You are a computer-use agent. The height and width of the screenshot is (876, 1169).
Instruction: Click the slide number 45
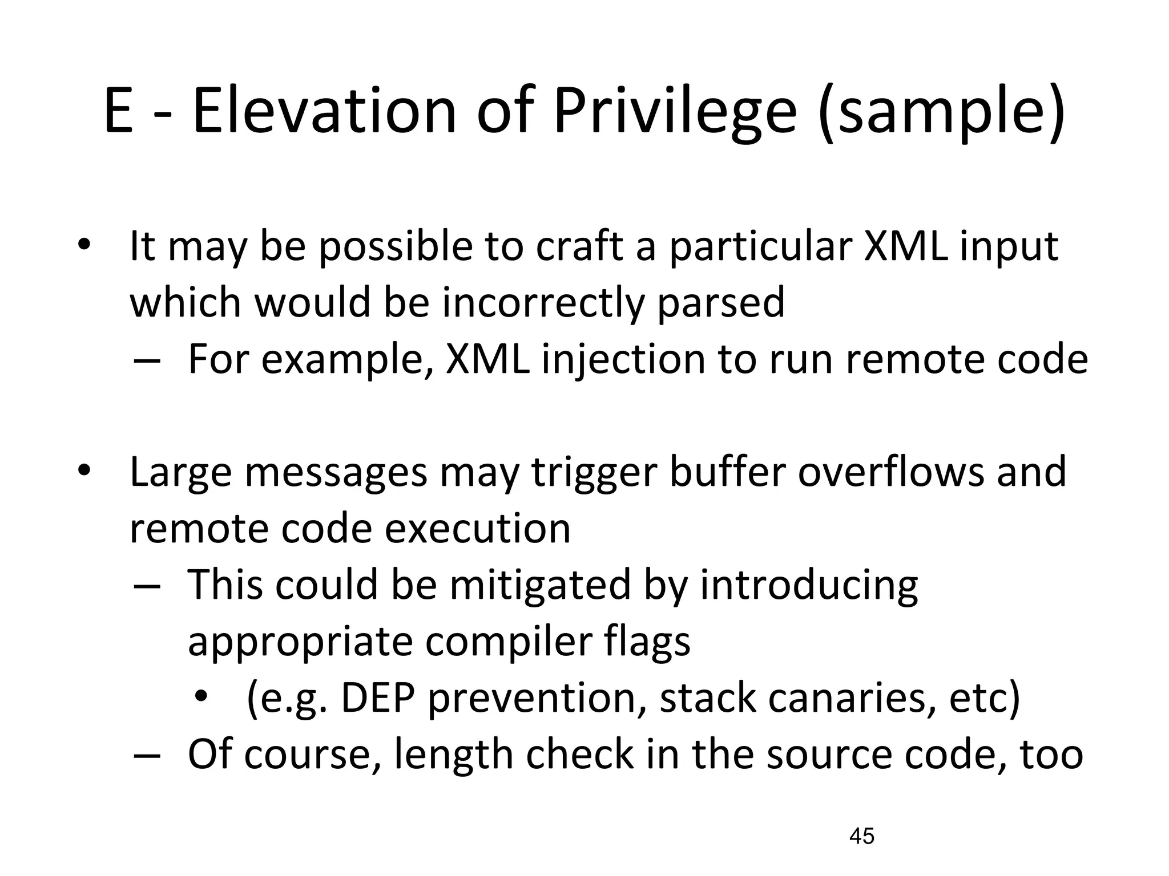pos(862,836)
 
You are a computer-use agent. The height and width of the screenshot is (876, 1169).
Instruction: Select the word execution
pos(477,528)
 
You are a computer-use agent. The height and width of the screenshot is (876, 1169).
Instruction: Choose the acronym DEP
pos(376,698)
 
